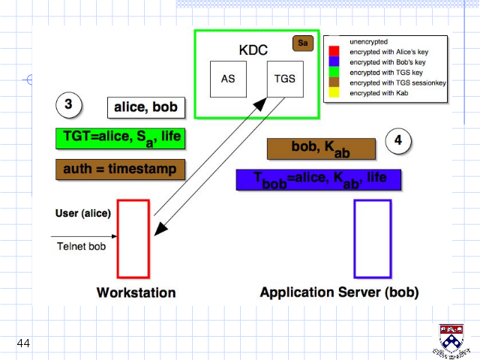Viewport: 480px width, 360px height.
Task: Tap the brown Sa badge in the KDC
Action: pos(303,43)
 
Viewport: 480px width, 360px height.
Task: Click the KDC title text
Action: pos(253,50)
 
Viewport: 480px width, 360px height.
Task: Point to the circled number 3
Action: pos(69,105)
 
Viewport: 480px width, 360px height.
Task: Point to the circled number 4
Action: pos(398,140)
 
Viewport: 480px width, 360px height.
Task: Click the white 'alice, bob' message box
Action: pos(146,107)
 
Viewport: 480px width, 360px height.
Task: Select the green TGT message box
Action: pos(120,139)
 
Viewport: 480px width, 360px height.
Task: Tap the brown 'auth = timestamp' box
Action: pos(120,169)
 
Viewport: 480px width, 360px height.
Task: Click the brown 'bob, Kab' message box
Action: pos(321,148)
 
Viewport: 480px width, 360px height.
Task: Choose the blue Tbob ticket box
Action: pos(319,180)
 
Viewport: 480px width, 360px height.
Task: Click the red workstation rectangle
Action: pos(118,238)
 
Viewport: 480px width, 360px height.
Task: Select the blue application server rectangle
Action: pos(355,238)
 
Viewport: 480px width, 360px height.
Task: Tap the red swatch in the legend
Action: pos(334,51)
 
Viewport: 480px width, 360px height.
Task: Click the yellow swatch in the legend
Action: pos(334,92)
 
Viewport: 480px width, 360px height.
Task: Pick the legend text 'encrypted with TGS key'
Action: pos(386,73)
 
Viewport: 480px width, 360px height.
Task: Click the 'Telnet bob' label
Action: pos(82,246)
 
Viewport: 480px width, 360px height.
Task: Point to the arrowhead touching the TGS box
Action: pos(260,104)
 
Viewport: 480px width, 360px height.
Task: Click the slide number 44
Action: pos(23,343)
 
